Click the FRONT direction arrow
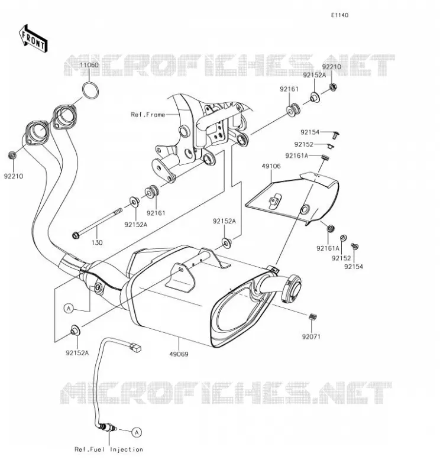33,39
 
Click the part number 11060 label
89,65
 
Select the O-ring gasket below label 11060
90,90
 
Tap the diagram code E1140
339,15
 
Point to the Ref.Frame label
148,115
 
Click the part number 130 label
97,242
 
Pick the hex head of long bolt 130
76,235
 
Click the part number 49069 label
179,354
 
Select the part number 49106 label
271,166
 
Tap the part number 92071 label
311,336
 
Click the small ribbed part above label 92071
313,317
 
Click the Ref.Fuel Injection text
109,449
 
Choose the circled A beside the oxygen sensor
137,433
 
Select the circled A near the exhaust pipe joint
69,309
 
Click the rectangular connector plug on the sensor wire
135,347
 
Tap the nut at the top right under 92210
333,88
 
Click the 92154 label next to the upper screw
310,132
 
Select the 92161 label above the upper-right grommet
289,89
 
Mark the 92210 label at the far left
14,176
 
